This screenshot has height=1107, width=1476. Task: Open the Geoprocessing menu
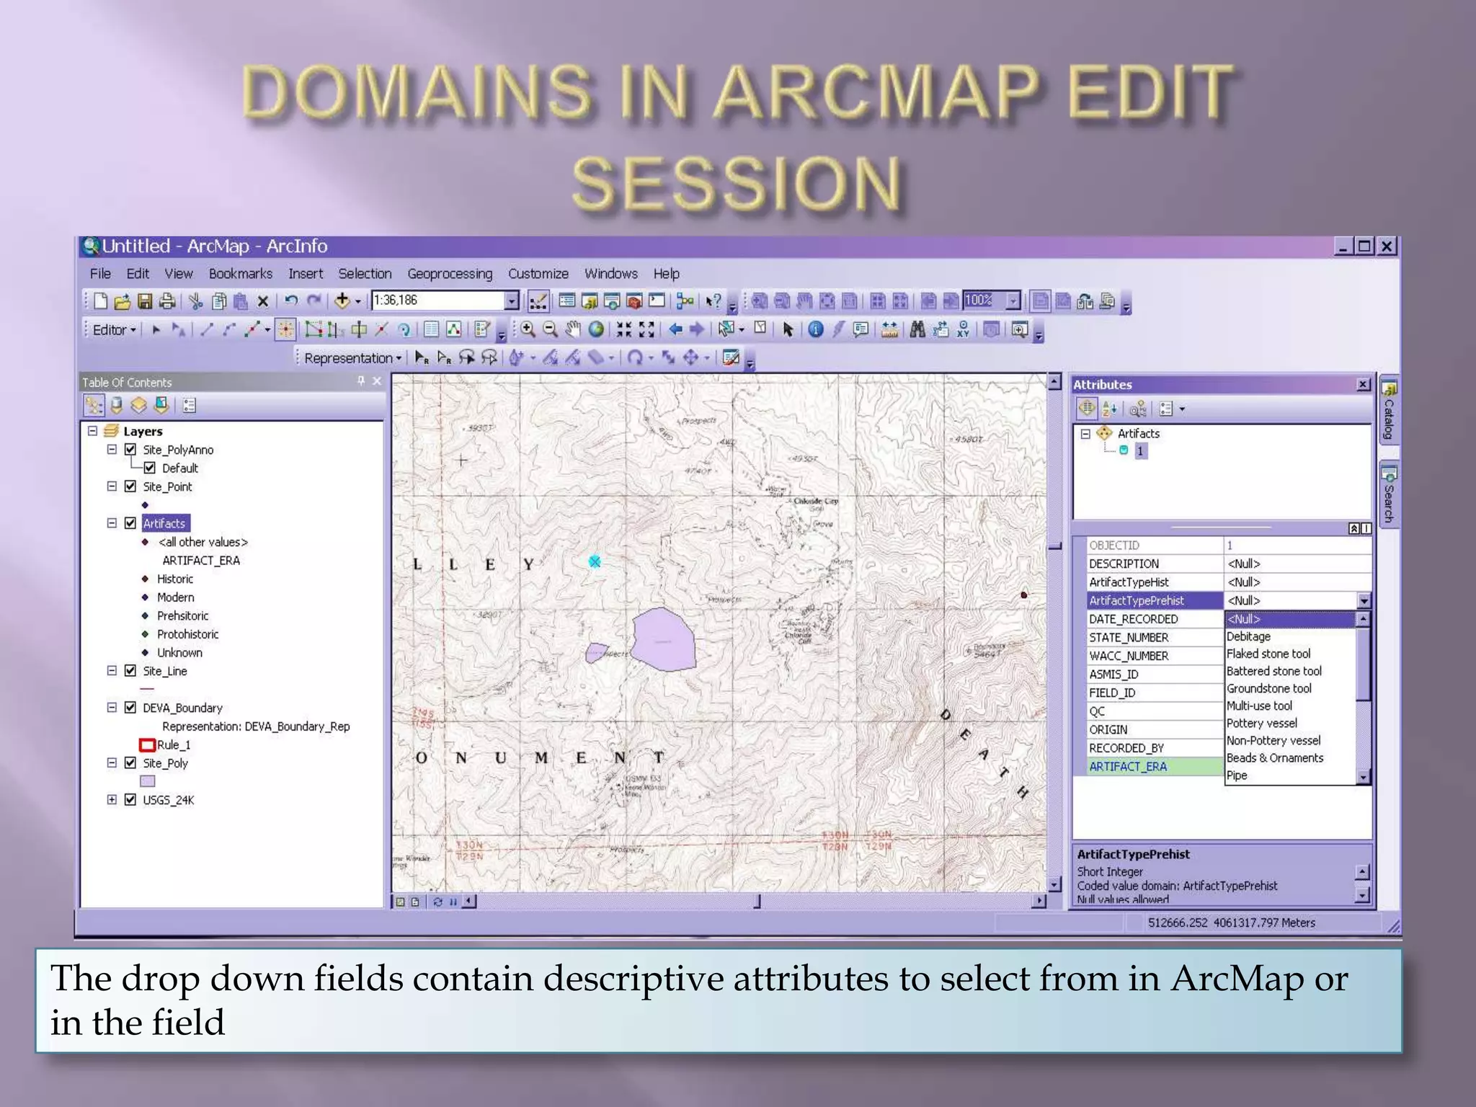click(x=450, y=274)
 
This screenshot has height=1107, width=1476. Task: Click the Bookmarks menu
click(x=240, y=274)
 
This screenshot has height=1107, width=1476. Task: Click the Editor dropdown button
click(x=114, y=330)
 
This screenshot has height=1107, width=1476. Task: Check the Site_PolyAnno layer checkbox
click(x=130, y=450)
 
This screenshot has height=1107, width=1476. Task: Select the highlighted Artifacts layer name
click(x=164, y=523)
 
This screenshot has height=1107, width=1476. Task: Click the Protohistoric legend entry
click(x=187, y=634)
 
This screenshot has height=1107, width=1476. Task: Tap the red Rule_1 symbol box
click(x=147, y=744)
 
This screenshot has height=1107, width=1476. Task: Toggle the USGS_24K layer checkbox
click(x=130, y=799)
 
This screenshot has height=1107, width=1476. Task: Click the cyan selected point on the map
click(x=595, y=561)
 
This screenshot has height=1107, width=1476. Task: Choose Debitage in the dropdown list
click(x=1248, y=636)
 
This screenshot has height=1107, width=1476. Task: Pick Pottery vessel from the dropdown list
click(x=1261, y=723)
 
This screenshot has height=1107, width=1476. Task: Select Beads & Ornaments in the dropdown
click(x=1274, y=757)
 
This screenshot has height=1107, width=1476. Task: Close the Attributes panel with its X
click(x=1363, y=385)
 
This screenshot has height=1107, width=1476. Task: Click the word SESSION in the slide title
click(x=737, y=184)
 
